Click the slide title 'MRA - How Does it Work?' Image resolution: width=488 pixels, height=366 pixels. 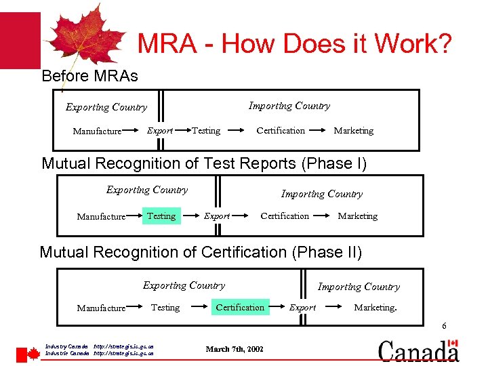click(294, 45)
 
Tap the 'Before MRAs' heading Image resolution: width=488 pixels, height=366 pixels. click(89, 76)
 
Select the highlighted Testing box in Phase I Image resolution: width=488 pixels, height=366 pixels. click(161, 216)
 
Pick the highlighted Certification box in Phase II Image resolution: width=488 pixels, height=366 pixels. click(240, 307)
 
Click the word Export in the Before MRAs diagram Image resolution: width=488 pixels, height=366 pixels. click(160, 131)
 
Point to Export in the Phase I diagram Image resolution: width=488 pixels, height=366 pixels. click(217, 216)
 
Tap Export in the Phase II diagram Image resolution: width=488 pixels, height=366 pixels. click(302, 308)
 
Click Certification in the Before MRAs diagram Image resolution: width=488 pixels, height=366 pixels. click(281, 131)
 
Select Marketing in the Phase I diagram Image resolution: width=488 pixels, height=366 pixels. click(357, 216)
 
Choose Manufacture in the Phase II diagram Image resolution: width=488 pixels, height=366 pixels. click(101, 308)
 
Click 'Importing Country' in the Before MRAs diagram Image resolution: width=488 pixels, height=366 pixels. click(289, 106)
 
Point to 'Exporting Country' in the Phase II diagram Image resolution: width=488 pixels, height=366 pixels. click(184, 285)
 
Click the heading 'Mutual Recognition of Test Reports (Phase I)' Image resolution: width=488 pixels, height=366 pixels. click(204, 163)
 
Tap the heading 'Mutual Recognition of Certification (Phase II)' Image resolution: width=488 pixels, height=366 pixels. click(201, 252)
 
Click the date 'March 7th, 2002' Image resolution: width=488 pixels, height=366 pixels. click(235, 349)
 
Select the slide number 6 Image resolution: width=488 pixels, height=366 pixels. click(444, 327)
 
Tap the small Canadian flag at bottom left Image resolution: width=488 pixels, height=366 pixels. click(28, 354)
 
